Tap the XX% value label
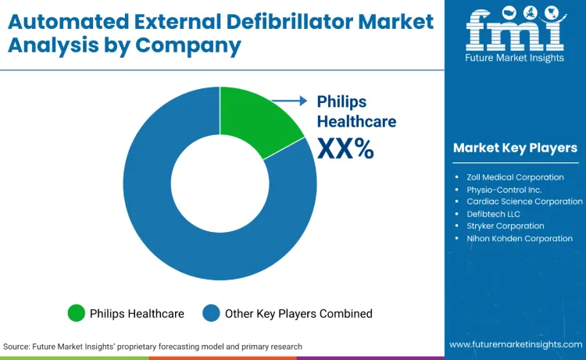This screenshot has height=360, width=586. pos(345,148)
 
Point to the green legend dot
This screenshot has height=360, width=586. pos(76,313)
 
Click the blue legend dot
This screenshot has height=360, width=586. pos(211,313)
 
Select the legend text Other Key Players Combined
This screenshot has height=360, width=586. pos(298,313)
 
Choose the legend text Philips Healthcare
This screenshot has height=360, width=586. pos(138,313)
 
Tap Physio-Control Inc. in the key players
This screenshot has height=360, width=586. pos(504,190)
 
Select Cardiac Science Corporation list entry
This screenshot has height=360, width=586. pos(524,201)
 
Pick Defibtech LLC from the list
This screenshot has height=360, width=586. pos(493,214)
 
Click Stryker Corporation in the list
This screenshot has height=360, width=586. pos(505,226)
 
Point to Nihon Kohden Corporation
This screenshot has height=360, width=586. pos(519,238)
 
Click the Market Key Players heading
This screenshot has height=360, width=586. pos(515,148)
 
